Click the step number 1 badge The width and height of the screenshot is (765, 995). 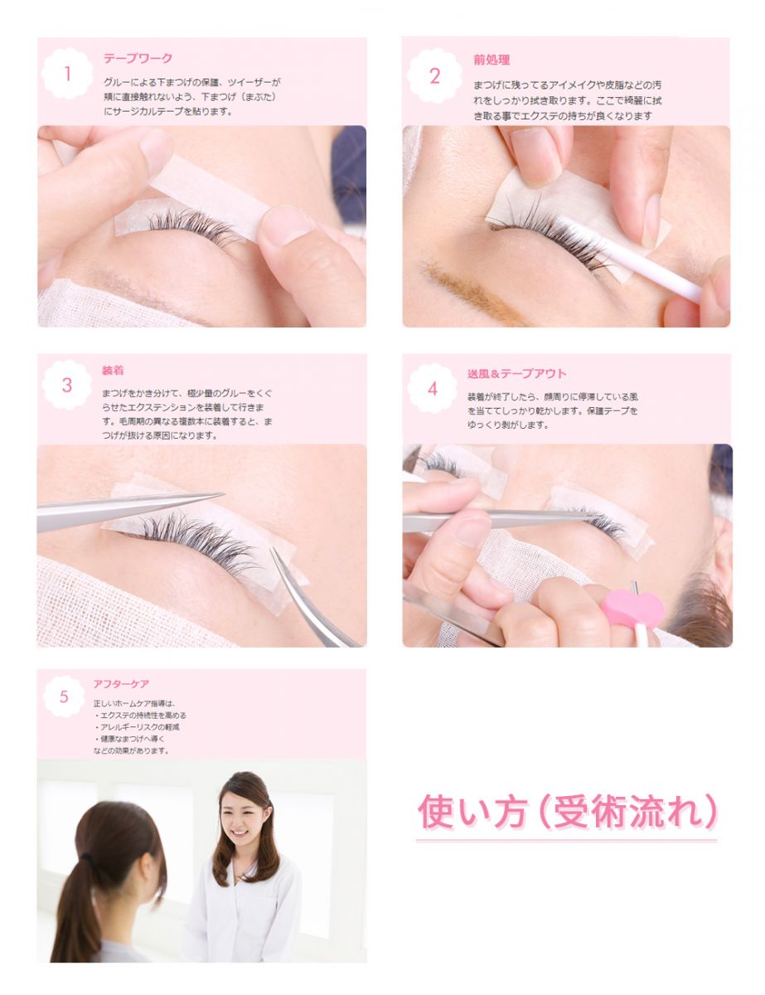click(x=67, y=73)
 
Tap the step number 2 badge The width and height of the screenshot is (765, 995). click(x=434, y=75)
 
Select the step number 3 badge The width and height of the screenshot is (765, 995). click(x=67, y=385)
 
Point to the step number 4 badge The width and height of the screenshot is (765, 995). click(x=432, y=388)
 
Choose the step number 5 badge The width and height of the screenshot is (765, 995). click(x=64, y=696)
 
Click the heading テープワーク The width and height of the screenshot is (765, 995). click(x=138, y=58)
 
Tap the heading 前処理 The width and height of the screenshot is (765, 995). click(x=491, y=60)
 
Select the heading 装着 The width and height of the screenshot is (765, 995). click(x=113, y=370)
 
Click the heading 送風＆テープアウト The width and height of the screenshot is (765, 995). click(x=516, y=373)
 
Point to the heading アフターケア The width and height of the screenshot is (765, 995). click(x=121, y=683)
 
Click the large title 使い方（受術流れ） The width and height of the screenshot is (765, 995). click(x=568, y=812)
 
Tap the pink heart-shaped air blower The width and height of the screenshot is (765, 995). click(x=632, y=609)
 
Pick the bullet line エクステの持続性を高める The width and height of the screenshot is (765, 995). click(x=141, y=716)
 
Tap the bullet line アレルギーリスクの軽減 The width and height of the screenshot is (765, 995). click(x=138, y=727)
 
